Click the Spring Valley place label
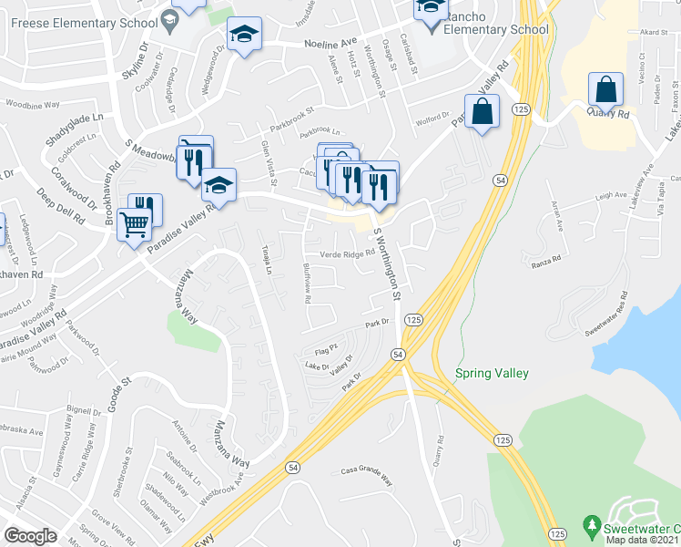(492, 373)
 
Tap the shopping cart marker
(134, 222)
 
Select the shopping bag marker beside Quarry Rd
(605, 90)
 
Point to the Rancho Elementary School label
(493, 29)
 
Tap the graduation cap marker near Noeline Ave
(243, 35)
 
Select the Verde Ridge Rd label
(347, 254)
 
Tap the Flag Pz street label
(326, 348)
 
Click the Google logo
(31, 536)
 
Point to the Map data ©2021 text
(641, 540)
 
